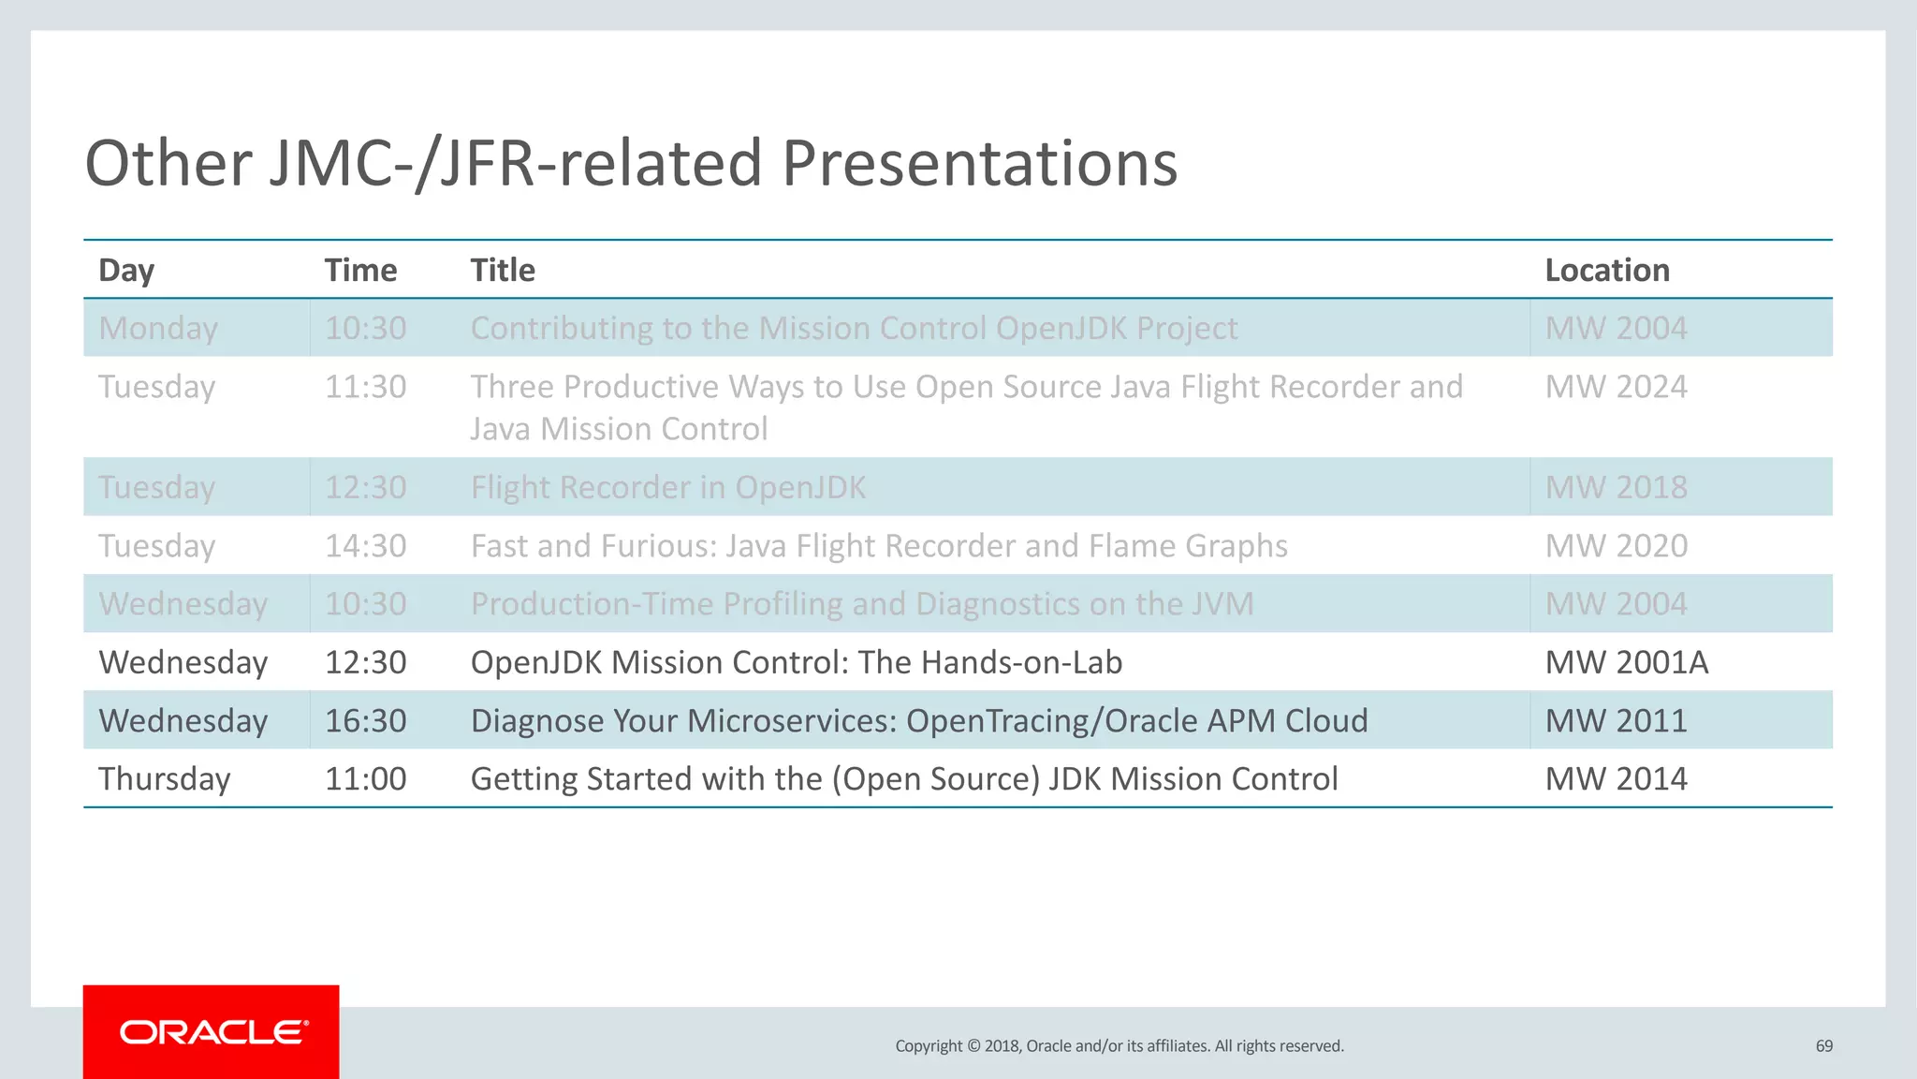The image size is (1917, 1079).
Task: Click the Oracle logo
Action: pos(212,1032)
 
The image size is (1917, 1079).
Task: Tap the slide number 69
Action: pos(1823,1046)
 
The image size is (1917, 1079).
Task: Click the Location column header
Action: pos(1606,271)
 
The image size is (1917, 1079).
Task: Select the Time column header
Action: pos(360,271)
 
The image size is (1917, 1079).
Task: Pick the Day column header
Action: pos(126,271)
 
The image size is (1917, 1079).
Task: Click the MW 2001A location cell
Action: pos(1626,662)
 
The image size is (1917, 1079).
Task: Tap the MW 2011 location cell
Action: pos(1616,720)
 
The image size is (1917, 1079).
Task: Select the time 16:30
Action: pos(365,720)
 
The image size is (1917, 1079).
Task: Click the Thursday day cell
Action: pos(165,779)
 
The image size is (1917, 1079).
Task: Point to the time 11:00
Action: pos(365,779)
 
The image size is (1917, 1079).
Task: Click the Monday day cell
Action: pos(158,329)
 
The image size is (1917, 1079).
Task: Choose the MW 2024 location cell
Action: pos(1616,387)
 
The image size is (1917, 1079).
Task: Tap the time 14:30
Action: pos(365,546)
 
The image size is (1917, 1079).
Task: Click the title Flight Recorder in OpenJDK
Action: pos(667,488)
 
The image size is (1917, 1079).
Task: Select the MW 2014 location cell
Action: pos(1616,779)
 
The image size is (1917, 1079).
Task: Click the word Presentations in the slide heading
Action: pos(979,164)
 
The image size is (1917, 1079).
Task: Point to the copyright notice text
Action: pos(1119,1046)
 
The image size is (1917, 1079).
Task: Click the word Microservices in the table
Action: pos(792,720)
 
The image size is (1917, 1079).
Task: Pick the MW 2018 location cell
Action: pos(1616,488)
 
